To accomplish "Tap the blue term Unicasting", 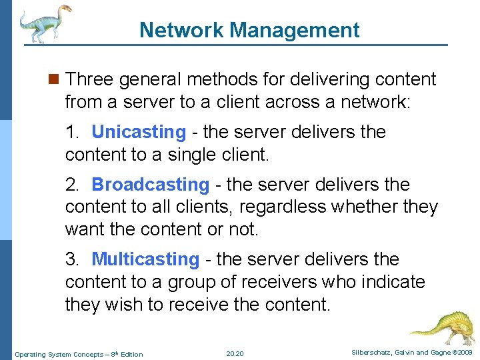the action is point(139,132).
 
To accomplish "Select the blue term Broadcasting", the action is point(150,184).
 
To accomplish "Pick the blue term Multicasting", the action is point(145,259).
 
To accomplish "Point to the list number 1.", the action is point(71,132).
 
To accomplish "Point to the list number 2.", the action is point(71,184).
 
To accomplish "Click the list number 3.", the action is point(71,259).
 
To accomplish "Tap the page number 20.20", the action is point(235,354).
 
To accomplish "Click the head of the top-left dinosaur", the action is point(65,10).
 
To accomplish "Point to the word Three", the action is point(91,79).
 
